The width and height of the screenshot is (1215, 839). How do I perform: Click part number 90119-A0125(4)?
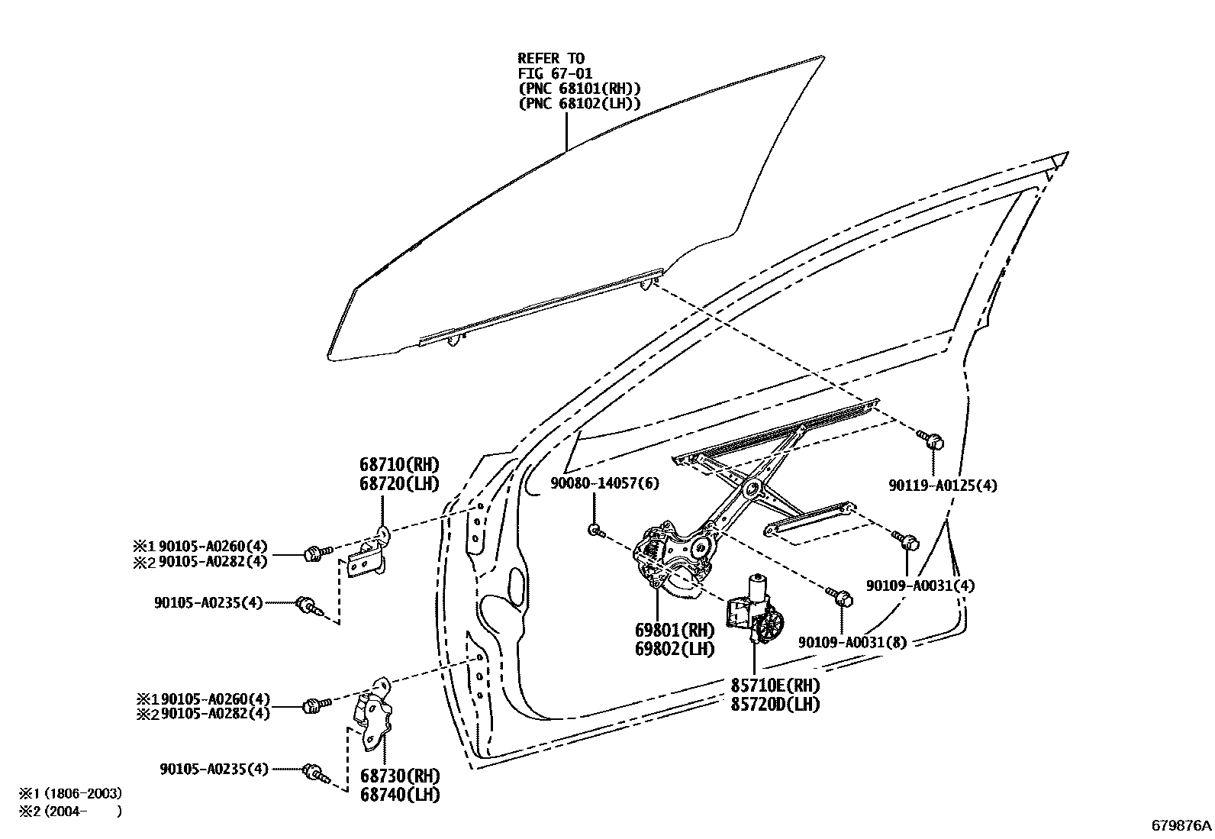[943, 485]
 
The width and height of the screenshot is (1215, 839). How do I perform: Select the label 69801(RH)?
[674, 631]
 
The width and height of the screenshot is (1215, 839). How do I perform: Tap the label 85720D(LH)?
[775, 704]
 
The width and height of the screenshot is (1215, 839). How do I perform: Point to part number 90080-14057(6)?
[604, 483]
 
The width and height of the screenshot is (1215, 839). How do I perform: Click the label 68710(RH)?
[399, 464]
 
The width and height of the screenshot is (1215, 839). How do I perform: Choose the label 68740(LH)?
[399, 795]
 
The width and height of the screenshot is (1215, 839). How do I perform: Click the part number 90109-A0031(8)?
[852, 642]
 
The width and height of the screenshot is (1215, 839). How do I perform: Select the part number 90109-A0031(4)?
[920, 586]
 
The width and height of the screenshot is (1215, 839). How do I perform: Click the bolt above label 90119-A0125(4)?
[932, 439]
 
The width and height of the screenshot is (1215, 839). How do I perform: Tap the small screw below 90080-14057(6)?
[595, 530]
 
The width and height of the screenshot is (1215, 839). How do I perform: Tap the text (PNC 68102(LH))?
[578, 104]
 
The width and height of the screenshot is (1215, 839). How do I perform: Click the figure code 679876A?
[1181, 825]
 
